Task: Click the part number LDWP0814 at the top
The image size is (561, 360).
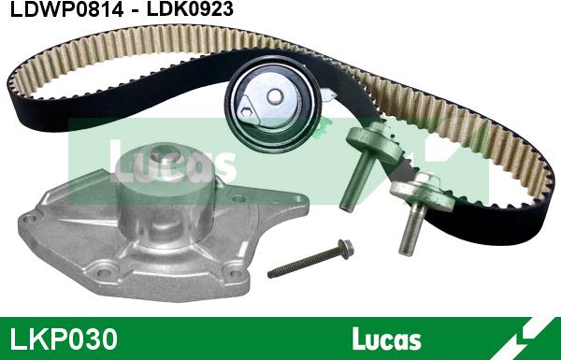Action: tap(67, 9)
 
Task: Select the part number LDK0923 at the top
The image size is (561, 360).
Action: tap(191, 9)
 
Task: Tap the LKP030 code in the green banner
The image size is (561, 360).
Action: tap(64, 338)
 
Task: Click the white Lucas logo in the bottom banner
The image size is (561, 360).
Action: tap(386, 338)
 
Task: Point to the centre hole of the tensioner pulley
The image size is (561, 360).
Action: tap(275, 96)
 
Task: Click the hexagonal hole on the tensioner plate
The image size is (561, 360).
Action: tap(246, 111)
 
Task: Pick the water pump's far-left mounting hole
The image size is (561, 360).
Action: tap(29, 218)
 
